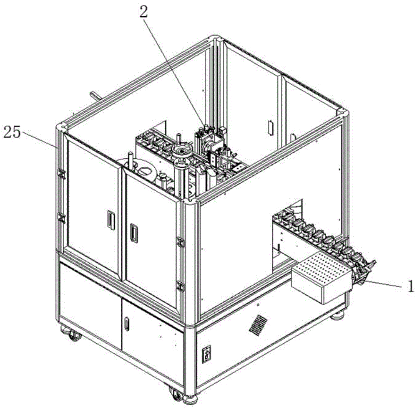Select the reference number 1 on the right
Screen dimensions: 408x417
point(410,287)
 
